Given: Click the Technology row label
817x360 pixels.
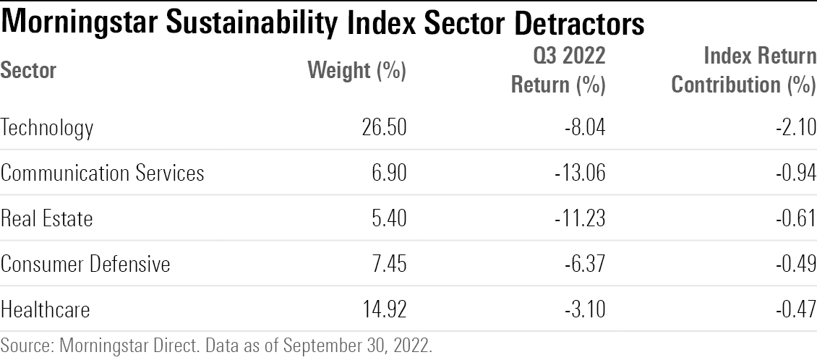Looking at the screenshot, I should click(x=47, y=128).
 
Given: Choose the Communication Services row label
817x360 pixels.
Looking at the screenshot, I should click(x=102, y=173).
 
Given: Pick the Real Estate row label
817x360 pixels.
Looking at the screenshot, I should click(x=47, y=218).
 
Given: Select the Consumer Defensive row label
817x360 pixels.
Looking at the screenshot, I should click(x=85, y=264).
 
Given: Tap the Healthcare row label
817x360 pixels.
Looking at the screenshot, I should click(x=46, y=309).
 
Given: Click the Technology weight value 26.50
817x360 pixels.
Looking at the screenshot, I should click(x=385, y=128).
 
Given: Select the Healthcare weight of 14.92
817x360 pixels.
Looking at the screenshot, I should click(x=385, y=309).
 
